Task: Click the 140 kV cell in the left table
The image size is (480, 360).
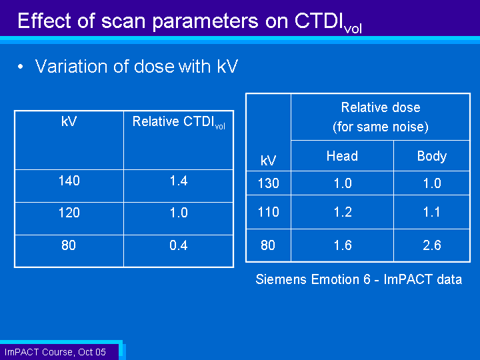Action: (x=69, y=181)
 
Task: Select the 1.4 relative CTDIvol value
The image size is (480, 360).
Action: (x=179, y=181)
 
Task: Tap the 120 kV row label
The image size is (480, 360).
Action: (x=69, y=213)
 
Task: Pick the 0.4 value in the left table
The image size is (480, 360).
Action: (x=179, y=245)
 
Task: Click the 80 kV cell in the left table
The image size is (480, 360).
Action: (x=69, y=245)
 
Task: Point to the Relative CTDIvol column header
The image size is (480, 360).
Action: (x=179, y=123)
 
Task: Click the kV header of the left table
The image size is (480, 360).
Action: (x=69, y=121)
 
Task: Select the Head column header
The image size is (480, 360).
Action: (x=342, y=156)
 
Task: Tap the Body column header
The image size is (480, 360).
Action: (x=432, y=157)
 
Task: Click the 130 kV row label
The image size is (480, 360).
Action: (x=269, y=183)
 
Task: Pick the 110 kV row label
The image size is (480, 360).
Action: (x=269, y=212)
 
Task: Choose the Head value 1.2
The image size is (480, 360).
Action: (x=343, y=212)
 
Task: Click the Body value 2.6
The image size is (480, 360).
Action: (x=432, y=245)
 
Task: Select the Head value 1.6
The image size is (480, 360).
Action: (x=343, y=245)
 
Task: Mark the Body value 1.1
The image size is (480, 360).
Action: (x=432, y=212)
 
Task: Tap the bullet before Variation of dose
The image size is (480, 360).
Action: (x=21, y=67)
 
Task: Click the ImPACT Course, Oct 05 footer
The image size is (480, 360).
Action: (x=55, y=352)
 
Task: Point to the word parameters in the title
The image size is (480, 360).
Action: (x=205, y=22)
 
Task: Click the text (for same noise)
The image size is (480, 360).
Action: (x=381, y=127)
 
